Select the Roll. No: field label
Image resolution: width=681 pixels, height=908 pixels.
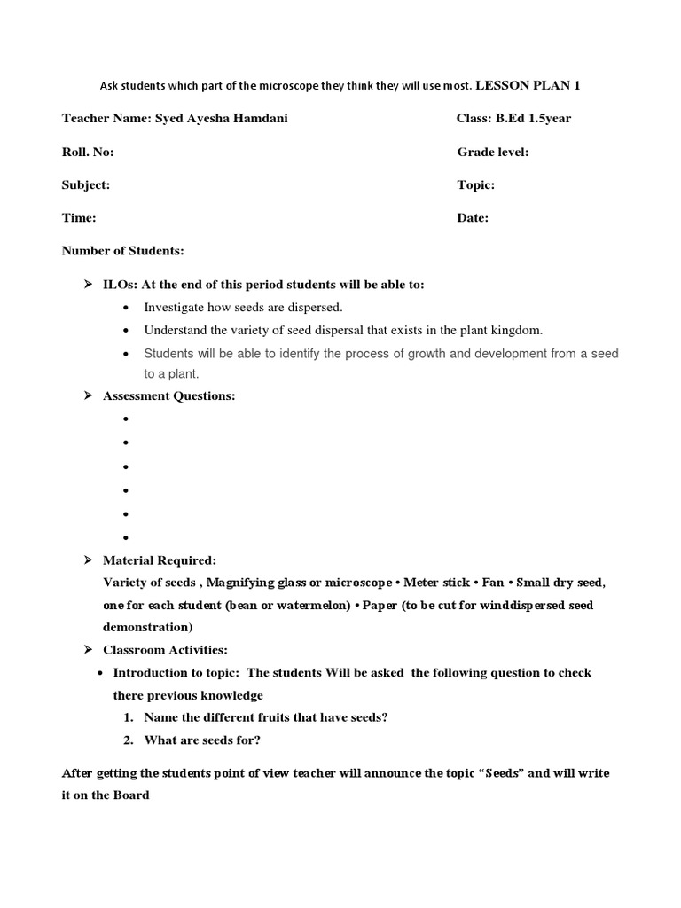click(88, 152)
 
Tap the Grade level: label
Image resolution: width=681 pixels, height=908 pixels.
click(493, 152)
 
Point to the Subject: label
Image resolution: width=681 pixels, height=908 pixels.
click(86, 184)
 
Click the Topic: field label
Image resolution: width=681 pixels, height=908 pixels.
click(476, 184)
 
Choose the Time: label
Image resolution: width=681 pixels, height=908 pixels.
click(79, 217)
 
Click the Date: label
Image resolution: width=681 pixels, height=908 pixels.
click(473, 217)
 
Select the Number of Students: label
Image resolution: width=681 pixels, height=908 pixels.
click(122, 251)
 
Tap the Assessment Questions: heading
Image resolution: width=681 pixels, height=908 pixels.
click(169, 395)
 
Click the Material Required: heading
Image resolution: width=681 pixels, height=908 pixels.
click(160, 560)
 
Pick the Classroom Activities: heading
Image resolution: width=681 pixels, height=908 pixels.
click(166, 650)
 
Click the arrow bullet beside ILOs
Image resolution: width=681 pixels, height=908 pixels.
click(88, 284)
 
